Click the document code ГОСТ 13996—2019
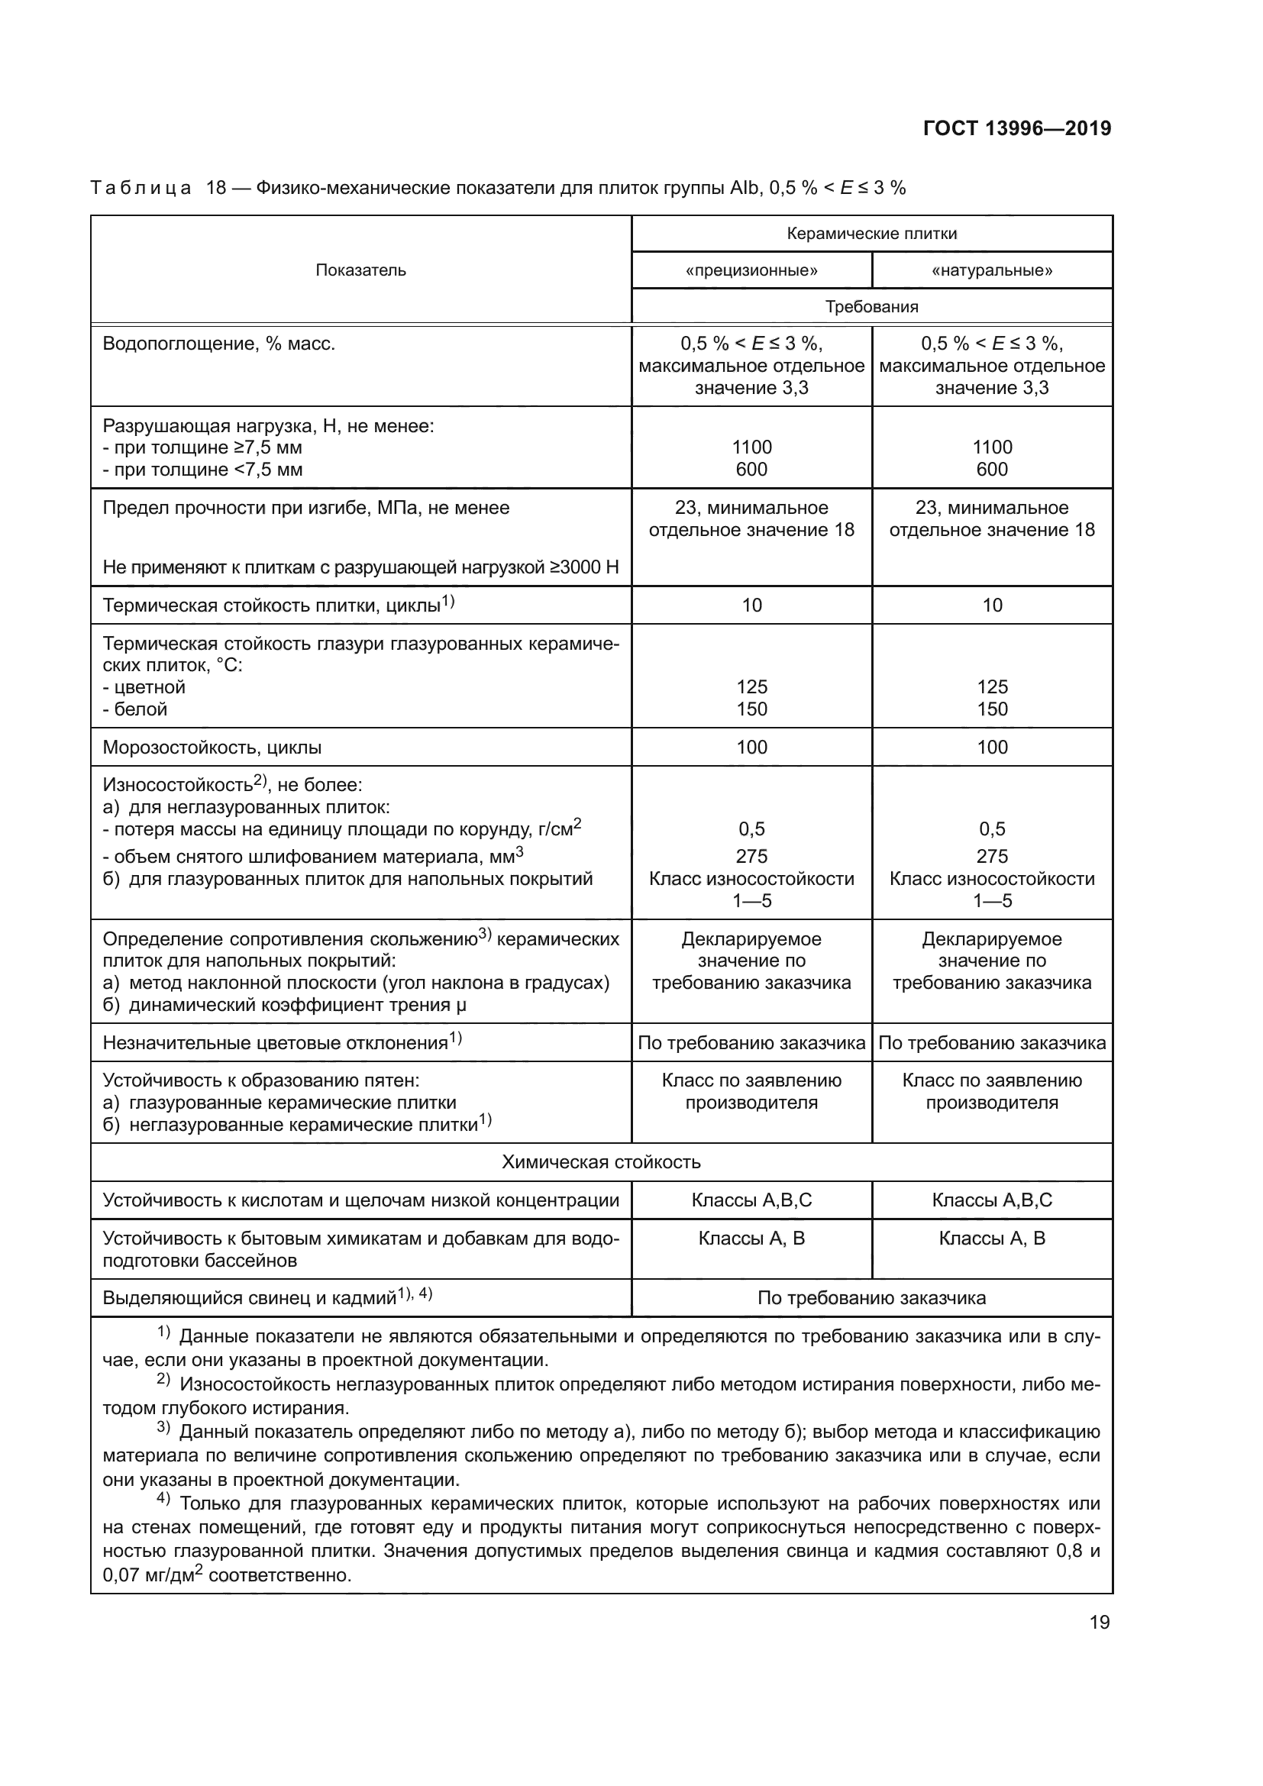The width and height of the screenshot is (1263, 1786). pos(1016,128)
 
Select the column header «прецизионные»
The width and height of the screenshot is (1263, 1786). pos(751,271)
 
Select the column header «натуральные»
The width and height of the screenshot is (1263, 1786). pos(992,271)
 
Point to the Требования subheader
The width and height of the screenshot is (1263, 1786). pos(871,306)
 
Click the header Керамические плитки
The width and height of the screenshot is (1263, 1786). pos(871,234)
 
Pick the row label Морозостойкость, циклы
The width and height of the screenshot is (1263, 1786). pos(212,748)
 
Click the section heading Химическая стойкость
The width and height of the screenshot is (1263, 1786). pos(600,1162)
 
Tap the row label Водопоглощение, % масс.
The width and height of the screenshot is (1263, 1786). pos(218,344)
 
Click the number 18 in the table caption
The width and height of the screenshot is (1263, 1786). pos(215,189)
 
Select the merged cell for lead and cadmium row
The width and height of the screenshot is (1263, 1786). pos(871,1297)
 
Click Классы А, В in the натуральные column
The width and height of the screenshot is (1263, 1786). pos(992,1239)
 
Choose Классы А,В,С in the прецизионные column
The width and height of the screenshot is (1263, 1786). pos(751,1200)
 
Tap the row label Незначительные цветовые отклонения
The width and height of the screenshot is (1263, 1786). pos(276,1043)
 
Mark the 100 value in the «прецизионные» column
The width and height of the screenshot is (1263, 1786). pos(751,748)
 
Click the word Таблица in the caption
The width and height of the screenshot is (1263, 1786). pos(140,189)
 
